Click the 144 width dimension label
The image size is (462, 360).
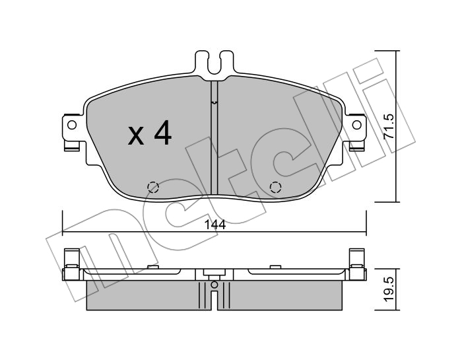pos(215,225)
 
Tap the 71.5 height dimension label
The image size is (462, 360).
pos(388,127)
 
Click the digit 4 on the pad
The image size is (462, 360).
pos(162,133)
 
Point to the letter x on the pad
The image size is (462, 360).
pos(136,135)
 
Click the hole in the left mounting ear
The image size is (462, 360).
pos(71,125)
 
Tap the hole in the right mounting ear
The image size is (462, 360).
pos(357,125)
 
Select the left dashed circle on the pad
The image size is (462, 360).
pos(153,187)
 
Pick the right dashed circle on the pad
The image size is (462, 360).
pos(275,187)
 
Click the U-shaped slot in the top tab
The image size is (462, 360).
pos(214,66)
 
